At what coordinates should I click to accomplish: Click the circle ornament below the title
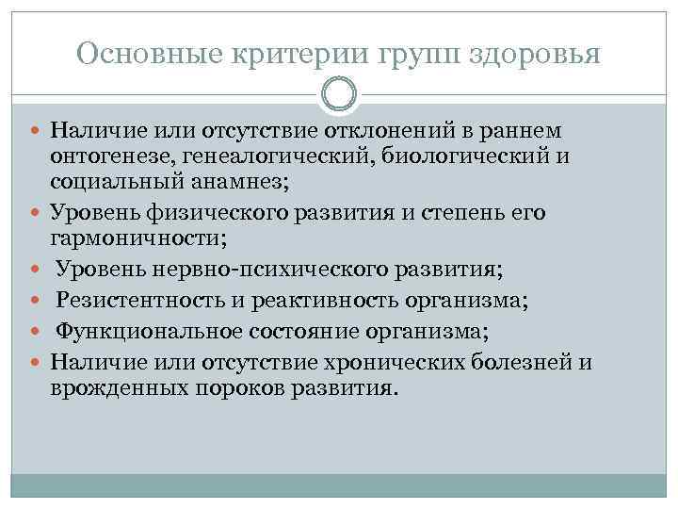pos(339,94)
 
